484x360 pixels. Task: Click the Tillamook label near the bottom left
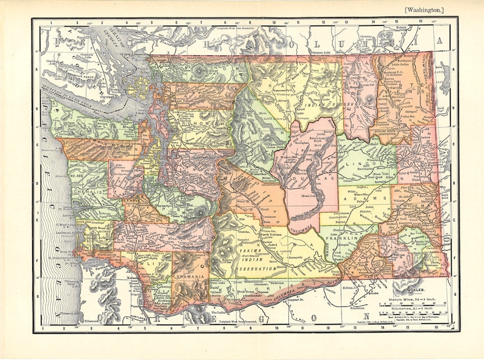[92, 321]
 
